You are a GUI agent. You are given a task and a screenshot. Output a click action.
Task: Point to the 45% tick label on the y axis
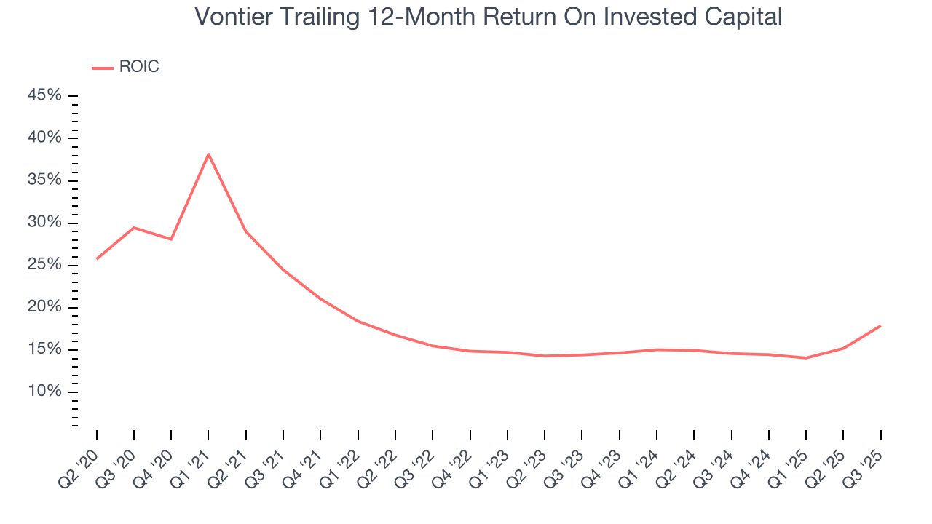pyautogui.click(x=45, y=96)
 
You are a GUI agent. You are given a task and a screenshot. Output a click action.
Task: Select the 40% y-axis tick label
pyautogui.click(x=45, y=138)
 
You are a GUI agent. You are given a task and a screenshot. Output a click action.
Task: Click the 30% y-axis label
pyautogui.click(x=45, y=223)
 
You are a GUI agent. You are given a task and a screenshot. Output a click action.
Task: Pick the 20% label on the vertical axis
pyautogui.click(x=45, y=307)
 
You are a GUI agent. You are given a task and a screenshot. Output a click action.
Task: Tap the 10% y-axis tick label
pyautogui.click(x=45, y=392)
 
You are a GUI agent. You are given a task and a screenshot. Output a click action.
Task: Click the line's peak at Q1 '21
pyautogui.click(x=208, y=154)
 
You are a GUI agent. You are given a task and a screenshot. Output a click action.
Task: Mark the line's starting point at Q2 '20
pyautogui.click(x=97, y=258)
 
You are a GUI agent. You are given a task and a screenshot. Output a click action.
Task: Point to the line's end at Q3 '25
pyautogui.click(x=880, y=326)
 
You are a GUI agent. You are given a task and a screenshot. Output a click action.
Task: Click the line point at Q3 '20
pyautogui.click(x=134, y=228)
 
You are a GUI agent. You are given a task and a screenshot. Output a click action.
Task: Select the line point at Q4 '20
pyautogui.click(x=171, y=239)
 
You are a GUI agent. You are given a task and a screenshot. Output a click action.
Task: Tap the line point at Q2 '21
pyautogui.click(x=246, y=231)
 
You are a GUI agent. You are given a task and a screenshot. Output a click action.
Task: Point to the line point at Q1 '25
pyautogui.click(x=806, y=358)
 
